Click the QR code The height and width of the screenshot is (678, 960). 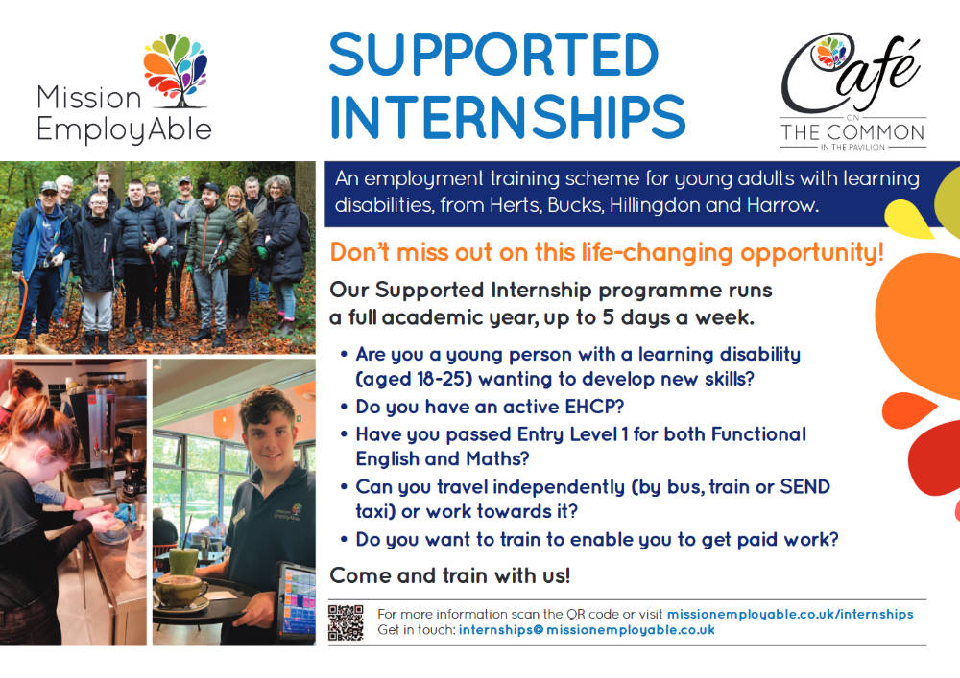pos(346,622)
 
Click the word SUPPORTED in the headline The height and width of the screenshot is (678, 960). pos(493,55)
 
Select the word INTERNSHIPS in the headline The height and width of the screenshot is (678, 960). pos(508,116)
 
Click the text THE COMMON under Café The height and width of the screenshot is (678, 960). pos(852,132)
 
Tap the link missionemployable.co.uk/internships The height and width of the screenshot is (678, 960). pos(790,614)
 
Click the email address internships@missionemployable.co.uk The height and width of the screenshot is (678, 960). pos(587,630)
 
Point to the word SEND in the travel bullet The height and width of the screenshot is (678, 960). pos(804,486)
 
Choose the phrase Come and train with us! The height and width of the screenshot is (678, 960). pos(450,575)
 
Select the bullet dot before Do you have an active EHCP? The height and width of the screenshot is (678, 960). pos(344,407)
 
